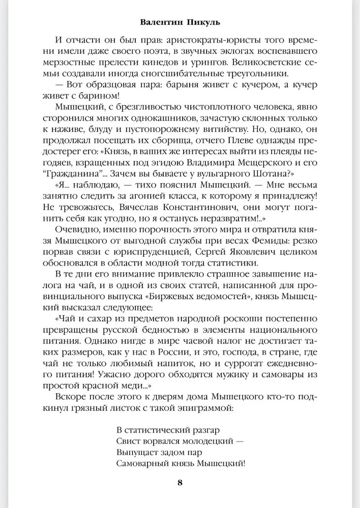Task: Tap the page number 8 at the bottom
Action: [179, 482]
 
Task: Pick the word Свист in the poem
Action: [129, 440]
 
